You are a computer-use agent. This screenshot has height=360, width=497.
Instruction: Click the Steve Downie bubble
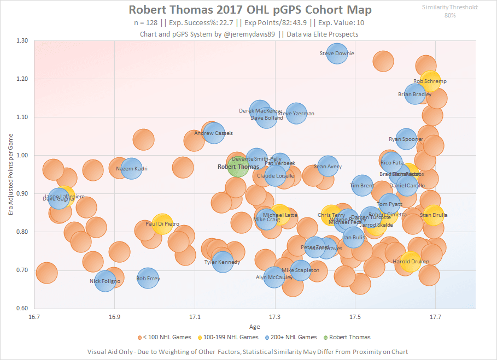point(337,54)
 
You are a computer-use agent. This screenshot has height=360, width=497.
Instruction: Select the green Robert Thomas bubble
point(238,166)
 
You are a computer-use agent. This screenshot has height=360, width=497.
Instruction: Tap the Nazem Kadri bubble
point(132,169)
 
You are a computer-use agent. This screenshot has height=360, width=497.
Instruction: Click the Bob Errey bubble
point(148,279)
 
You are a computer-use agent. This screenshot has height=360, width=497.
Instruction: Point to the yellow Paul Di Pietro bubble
point(162,223)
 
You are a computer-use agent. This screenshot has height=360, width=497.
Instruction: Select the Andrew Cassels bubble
point(214,133)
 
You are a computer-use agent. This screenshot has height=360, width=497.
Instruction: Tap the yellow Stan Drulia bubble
point(433,215)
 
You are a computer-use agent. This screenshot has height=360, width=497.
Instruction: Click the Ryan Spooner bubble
point(406,139)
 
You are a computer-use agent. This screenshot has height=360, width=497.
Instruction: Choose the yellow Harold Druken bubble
point(410,262)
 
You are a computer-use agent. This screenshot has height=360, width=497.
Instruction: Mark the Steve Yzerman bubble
point(296,114)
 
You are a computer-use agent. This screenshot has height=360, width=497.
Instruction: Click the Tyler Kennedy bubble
point(223,262)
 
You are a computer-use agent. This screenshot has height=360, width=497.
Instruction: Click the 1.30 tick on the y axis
point(23,41)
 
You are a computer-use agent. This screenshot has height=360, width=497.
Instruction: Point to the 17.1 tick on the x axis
point(195,317)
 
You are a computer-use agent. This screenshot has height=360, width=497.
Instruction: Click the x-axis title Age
point(255,327)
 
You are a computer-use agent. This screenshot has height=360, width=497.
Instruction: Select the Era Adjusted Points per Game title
point(10,174)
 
